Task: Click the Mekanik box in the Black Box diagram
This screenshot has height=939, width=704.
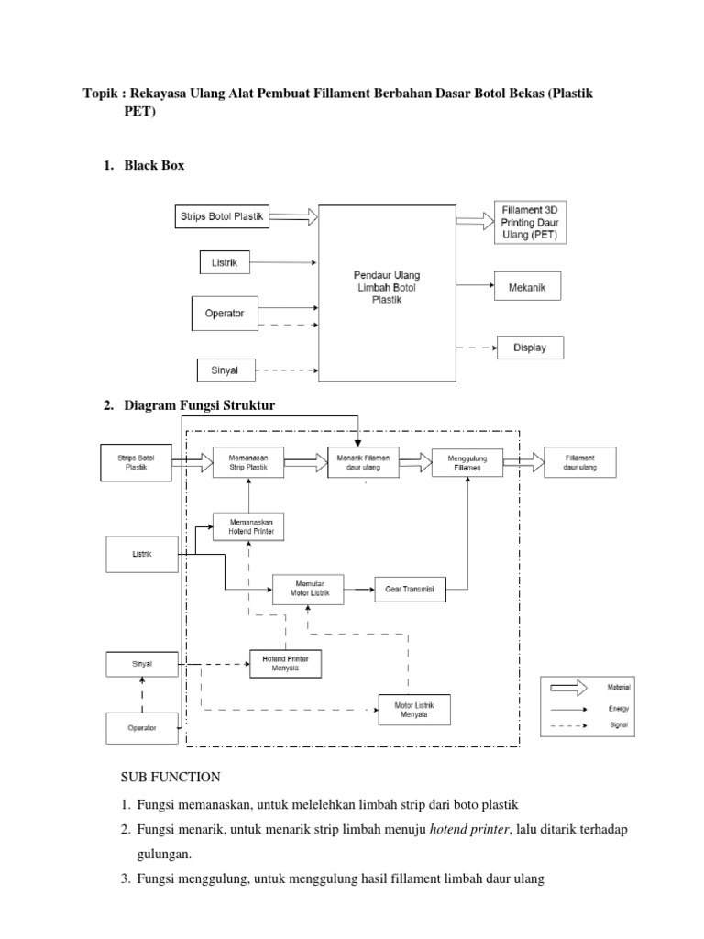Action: pos(526,286)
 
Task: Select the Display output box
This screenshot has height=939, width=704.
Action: pos(530,348)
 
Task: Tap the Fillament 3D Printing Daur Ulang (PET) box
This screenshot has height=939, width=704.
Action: pos(530,222)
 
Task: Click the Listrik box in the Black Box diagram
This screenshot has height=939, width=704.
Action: pos(224,263)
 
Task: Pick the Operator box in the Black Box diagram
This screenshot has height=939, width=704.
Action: pos(225,313)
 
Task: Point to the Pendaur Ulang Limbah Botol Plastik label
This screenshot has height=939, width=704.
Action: pos(386,287)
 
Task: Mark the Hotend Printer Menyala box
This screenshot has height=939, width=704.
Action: pos(286,664)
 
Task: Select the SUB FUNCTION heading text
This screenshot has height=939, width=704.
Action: pos(171,778)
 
